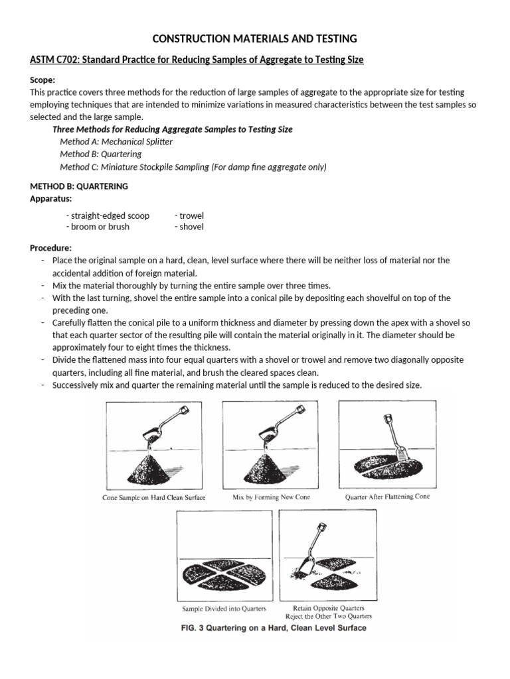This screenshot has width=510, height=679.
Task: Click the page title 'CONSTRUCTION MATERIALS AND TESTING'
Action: [x=255, y=38]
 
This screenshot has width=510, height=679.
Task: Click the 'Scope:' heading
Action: [x=44, y=80]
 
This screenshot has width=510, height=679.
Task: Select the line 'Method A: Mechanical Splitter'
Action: [x=116, y=142]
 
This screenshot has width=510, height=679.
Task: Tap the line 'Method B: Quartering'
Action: [x=100, y=154]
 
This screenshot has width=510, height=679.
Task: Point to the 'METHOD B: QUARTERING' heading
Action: [x=79, y=186]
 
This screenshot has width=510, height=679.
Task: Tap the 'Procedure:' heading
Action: [x=50, y=248]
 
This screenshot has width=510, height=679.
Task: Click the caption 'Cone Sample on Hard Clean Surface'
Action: [x=154, y=497]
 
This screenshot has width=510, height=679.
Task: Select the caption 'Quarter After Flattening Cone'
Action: [x=387, y=497]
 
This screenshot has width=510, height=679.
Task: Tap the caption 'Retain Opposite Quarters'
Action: [x=329, y=607]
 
